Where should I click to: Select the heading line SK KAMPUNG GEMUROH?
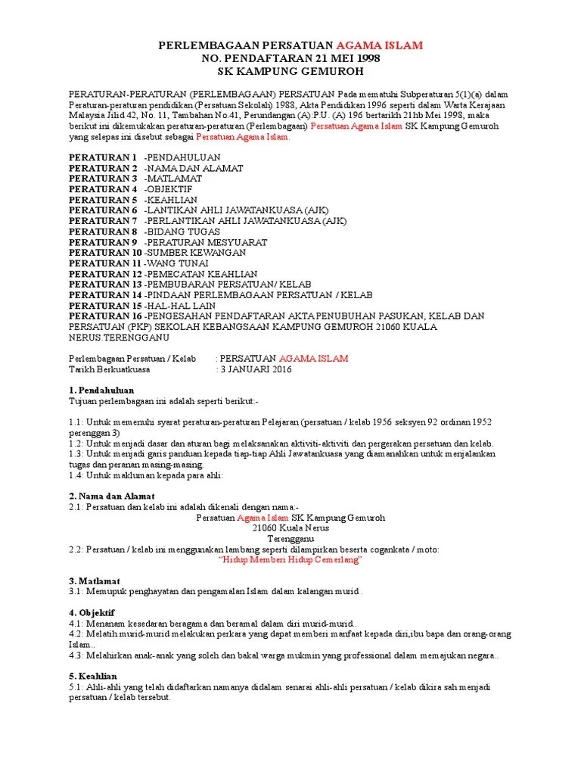coord(290,72)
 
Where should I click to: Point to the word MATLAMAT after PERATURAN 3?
coord(174,178)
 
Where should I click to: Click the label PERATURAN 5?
coord(103,199)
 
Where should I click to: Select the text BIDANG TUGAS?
coord(184,231)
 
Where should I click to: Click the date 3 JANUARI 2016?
coord(254,370)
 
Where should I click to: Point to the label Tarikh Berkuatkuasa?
coord(110,370)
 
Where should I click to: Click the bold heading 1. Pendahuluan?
coord(101,390)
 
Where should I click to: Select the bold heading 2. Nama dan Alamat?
coord(112,496)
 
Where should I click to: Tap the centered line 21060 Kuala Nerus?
coord(290,528)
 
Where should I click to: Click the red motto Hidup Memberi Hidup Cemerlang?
coord(290,559)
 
